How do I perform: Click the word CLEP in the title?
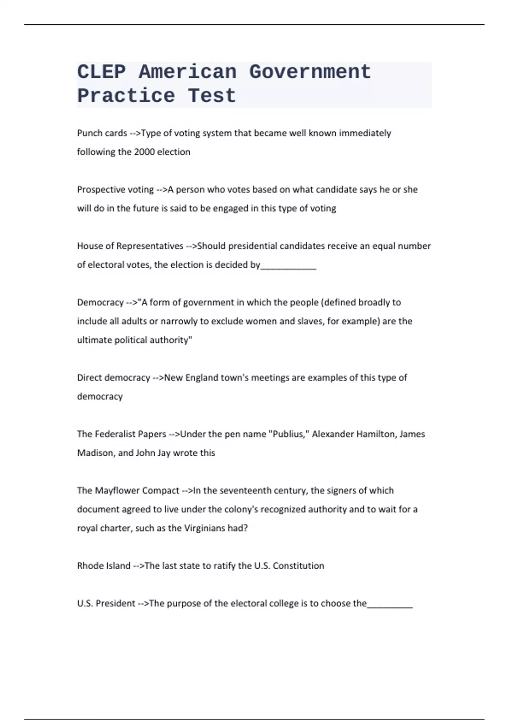point(101,72)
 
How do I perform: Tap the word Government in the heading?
point(310,72)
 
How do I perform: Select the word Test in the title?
point(212,96)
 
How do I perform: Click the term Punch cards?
point(102,133)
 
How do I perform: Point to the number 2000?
point(144,152)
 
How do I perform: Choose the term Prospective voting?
point(115,189)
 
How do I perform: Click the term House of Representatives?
point(130,246)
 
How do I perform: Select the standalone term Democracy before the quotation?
point(100,302)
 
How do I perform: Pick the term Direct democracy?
point(113,378)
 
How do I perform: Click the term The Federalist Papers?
point(121,434)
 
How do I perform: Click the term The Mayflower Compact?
point(128,490)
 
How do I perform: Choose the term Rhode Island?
point(103,566)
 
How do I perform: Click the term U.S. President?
point(106,604)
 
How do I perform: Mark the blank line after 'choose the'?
point(390,606)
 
